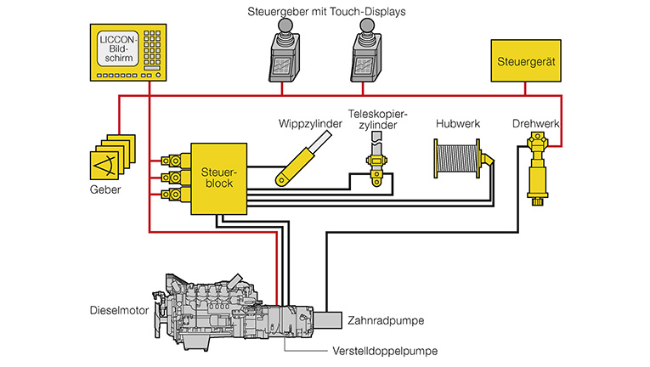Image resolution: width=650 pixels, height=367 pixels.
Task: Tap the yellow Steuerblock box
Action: [217, 178]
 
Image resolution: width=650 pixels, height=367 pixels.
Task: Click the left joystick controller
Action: [287, 50]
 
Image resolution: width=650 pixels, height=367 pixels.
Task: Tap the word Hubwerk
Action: [458, 124]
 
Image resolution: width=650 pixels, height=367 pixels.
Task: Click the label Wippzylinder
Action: [308, 124]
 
